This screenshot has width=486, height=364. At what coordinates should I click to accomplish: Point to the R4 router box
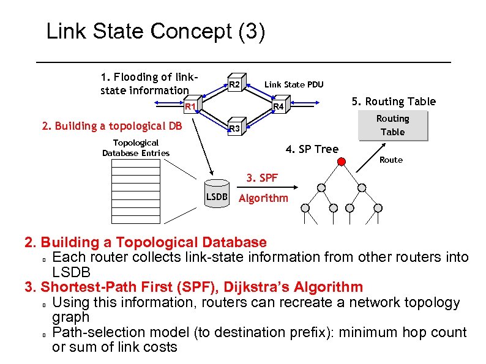pos(279,106)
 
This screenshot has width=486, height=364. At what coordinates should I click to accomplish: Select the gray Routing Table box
pos(392,125)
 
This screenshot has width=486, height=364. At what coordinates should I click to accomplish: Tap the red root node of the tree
pos(342,162)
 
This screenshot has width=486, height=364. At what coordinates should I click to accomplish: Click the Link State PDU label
pos(294,84)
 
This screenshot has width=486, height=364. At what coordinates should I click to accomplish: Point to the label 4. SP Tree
pos(312,149)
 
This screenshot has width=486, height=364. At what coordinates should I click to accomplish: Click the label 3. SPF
pos(262,178)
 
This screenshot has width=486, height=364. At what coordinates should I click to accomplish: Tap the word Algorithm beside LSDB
pos(263,198)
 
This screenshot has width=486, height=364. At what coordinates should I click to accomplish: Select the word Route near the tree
pos(391,160)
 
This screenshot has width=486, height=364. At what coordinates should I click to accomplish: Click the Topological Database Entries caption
pos(135,147)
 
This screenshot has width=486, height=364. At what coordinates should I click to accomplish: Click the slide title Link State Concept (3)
pos(155,32)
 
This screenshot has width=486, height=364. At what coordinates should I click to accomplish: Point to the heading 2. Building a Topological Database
pos(146,243)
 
